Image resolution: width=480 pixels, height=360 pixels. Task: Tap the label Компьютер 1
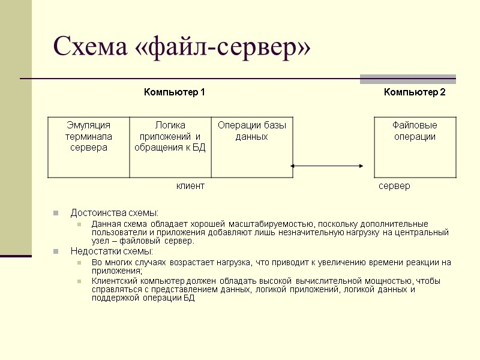(174, 92)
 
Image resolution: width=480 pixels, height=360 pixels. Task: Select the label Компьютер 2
(415, 92)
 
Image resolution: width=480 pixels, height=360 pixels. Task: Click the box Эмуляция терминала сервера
(88, 147)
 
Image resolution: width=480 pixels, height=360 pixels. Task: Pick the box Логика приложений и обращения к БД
(170, 147)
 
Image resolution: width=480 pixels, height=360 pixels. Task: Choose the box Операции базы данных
(252, 147)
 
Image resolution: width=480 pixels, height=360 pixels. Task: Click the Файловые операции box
(415, 147)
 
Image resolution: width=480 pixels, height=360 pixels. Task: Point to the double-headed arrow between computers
(328, 166)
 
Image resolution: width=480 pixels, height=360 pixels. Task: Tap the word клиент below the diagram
(190, 186)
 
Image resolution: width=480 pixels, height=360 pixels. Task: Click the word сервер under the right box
(395, 186)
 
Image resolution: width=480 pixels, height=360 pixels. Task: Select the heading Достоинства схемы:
(115, 213)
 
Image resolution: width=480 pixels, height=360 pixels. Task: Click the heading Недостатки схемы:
(112, 251)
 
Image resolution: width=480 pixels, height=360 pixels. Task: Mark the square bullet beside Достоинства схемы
(56, 213)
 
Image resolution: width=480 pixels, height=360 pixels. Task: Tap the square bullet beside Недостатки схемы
(56, 251)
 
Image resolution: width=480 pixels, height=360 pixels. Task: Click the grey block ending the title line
(407, 79)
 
